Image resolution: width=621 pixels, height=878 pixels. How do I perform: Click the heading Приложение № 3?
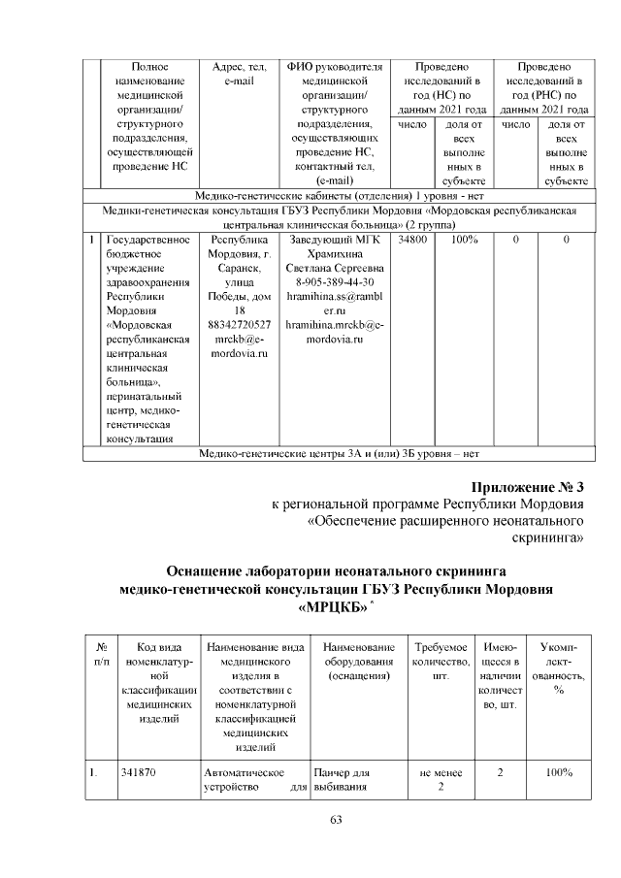pyautogui.click(x=528, y=487)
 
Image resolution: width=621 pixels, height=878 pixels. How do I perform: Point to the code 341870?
pyautogui.click(x=140, y=773)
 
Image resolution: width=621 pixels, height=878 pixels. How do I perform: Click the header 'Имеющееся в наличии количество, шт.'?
pyautogui.click(x=500, y=675)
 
